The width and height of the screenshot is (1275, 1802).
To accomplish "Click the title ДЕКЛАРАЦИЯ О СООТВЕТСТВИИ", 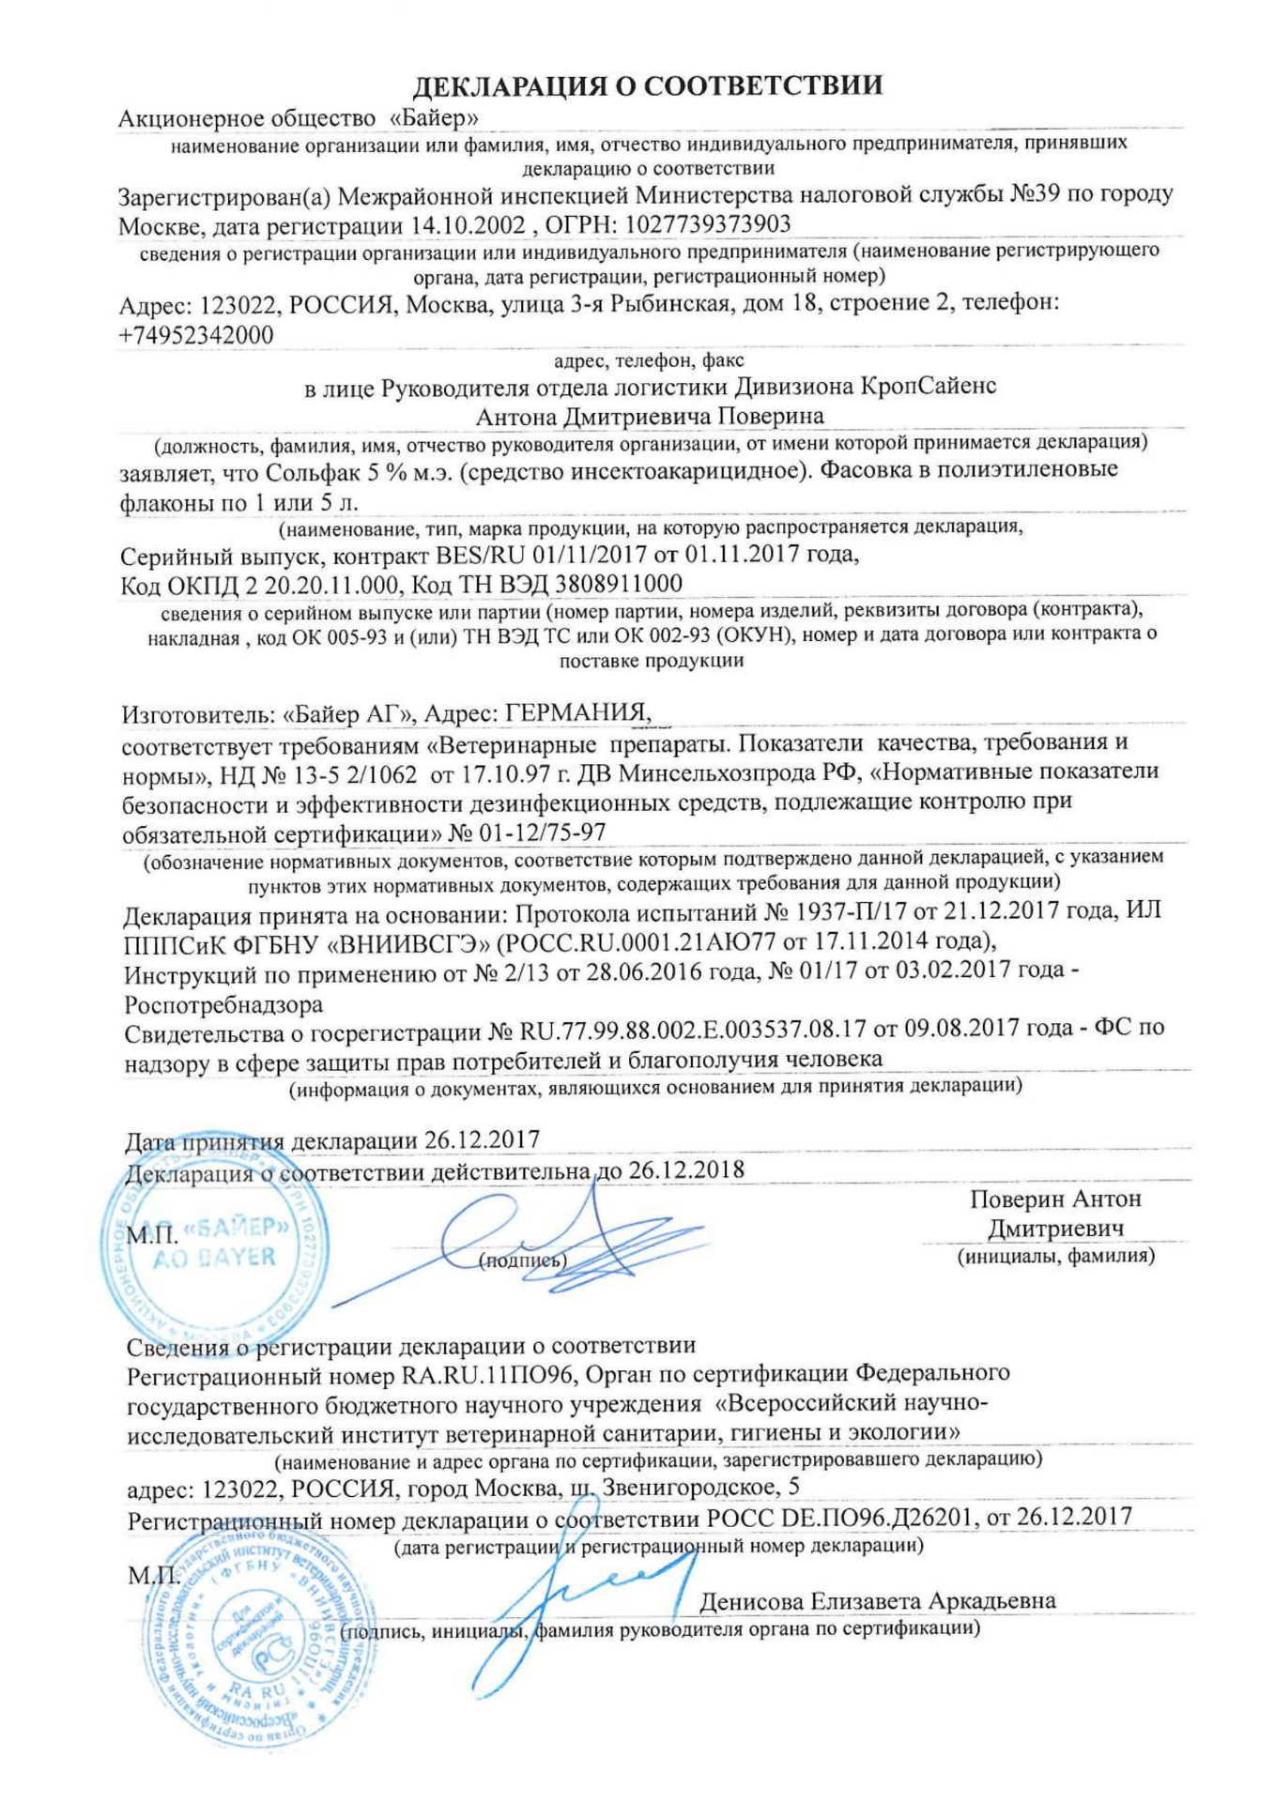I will pos(648,86).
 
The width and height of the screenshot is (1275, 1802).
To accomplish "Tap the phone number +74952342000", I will pos(196,335).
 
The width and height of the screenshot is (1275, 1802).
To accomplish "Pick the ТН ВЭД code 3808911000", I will pos(619,584).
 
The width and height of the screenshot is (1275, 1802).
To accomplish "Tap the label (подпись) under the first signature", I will pos(523,1260).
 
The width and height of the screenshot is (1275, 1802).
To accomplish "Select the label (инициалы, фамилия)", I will pos(1055,1255).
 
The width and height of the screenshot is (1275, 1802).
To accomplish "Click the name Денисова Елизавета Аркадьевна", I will pos(877,1601).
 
